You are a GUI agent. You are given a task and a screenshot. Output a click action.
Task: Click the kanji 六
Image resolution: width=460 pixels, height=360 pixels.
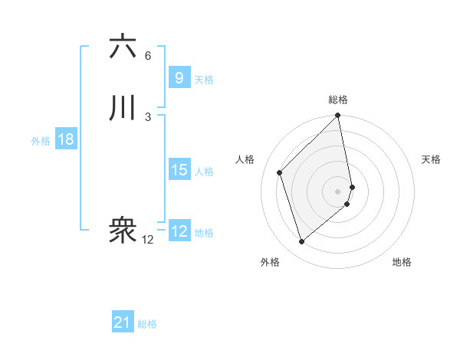tap(123, 47)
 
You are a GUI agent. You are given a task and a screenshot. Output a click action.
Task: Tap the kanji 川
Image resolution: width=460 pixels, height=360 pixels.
tap(123, 110)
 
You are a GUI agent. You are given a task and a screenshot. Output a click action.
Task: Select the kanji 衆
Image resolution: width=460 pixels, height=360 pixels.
tap(123, 231)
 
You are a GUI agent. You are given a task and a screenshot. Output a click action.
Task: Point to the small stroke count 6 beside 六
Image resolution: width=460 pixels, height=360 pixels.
tap(148, 55)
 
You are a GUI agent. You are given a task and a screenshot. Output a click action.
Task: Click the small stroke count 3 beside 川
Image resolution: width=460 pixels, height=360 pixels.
tap(148, 116)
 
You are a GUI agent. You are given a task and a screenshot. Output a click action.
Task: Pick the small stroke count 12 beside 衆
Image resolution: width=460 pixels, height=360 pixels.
tap(147, 240)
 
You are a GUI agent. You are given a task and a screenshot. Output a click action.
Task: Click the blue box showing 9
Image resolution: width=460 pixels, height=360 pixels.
tap(179, 77)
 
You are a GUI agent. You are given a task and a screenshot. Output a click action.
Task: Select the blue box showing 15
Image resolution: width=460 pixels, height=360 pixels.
tap(179, 170)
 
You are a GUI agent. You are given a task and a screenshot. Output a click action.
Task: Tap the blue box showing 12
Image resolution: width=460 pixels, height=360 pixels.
tap(179, 231)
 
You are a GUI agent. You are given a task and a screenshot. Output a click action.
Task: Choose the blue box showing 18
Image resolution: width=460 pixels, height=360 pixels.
tap(65, 139)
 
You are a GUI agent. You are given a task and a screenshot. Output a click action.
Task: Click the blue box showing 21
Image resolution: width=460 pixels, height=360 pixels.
tap(123, 322)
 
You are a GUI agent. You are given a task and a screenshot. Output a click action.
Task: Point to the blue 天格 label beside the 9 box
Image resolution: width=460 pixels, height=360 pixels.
tap(204, 80)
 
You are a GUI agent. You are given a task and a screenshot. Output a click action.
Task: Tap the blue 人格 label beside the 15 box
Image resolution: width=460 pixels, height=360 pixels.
tap(205, 172)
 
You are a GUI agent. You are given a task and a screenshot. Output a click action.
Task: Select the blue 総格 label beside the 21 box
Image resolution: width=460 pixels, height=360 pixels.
tap(147, 324)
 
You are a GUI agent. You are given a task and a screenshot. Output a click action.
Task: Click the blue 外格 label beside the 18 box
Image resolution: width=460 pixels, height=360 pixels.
tap(41, 141)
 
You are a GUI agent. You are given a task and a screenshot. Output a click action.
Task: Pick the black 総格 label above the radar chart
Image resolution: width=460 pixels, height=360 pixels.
tap(338, 100)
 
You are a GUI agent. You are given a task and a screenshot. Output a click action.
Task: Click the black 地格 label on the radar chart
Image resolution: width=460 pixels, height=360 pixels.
tap(402, 262)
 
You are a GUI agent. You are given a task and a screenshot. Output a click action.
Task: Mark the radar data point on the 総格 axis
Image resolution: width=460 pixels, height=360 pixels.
tap(338, 116)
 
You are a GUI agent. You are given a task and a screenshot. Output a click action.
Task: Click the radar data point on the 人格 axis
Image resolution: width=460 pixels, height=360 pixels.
tap(280, 172)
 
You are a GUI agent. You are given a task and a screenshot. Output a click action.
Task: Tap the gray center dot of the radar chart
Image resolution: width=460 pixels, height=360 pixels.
tap(338, 191)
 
